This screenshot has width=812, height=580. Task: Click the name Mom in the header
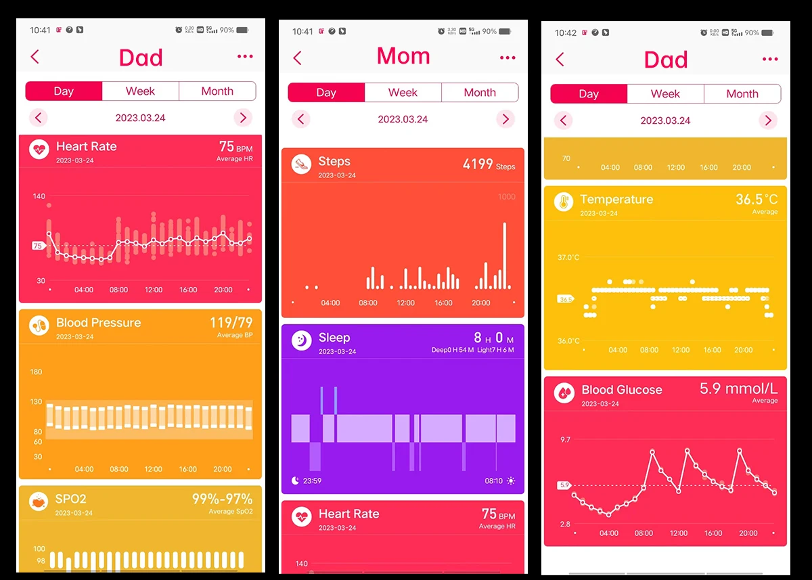403,56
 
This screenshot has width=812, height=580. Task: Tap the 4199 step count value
478,164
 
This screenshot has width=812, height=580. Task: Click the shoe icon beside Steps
301,164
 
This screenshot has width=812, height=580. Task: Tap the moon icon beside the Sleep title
301,340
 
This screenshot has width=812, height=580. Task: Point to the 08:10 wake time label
494,481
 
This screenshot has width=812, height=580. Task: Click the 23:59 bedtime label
312,481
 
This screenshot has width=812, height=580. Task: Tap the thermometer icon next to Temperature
564,202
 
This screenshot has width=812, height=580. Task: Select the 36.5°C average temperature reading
757,200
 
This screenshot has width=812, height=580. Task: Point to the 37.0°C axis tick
568,258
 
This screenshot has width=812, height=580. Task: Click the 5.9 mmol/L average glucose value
738,389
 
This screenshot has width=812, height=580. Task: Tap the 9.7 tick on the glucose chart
565,440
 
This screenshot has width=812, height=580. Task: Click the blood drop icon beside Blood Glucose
564,393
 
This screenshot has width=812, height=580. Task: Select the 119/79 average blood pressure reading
231,323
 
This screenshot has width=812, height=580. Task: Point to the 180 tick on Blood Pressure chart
36,372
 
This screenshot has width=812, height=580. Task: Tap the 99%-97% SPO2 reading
222,499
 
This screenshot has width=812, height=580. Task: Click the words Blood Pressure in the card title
98,323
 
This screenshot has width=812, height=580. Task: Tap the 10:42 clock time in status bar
566,32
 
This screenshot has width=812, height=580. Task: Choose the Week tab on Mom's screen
403,93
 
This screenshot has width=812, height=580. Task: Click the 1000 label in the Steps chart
506,197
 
